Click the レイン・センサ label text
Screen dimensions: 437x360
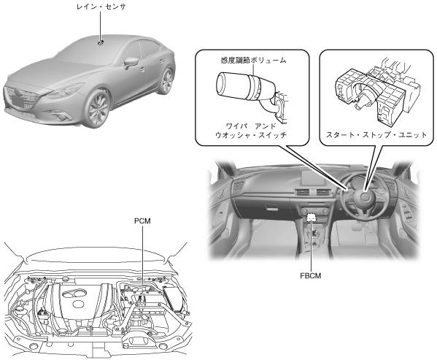(101, 7)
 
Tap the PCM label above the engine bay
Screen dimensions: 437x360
(142, 221)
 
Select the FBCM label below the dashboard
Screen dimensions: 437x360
(311, 276)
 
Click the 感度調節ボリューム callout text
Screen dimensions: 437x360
(253, 60)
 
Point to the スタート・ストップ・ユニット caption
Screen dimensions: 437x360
(376, 135)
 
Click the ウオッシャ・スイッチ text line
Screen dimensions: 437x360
(251, 135)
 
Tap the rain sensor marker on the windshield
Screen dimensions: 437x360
(101, 42)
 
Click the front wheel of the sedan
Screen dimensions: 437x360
(98, 110)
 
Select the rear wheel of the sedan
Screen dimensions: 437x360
(166, 81)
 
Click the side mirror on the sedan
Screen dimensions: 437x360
(131, 63)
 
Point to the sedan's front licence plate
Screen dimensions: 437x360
(17, 100)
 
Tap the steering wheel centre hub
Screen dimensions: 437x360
(365, 197)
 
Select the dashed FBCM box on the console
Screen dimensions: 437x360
(311, 218)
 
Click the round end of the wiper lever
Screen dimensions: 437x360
(224, 83)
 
